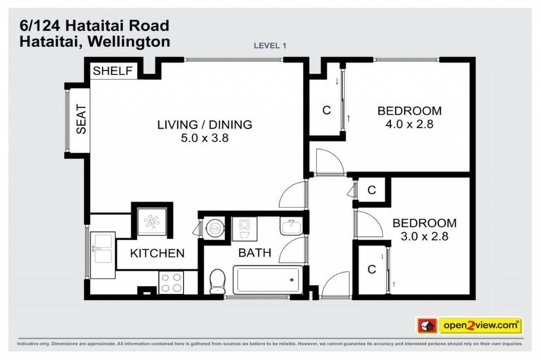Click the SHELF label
tap(112, 71)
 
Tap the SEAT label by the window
tap(81, 119)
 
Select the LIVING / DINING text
tap(204, 125)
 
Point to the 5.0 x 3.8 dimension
tap(204, 139)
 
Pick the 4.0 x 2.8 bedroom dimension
tap(409, 124)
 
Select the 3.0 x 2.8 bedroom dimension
tap(420, 236)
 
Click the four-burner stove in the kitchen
tap(170, 282)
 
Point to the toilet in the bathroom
tap(217, 281)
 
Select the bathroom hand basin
tap(291, 226)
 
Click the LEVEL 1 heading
tap(270, 46)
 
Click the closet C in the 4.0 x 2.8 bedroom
tap(326, 110)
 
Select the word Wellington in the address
tap(131, 41)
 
